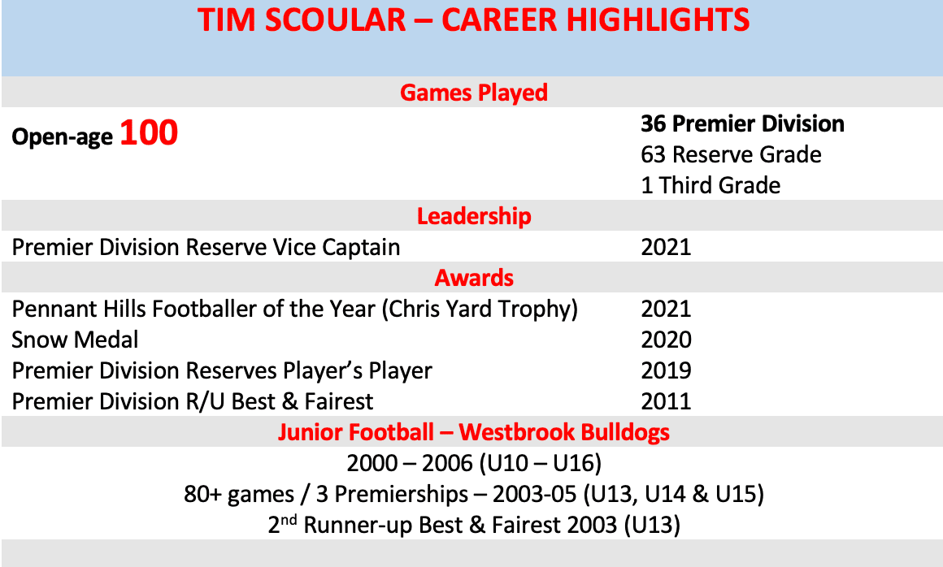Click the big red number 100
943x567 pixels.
149,133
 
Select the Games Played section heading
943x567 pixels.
474,93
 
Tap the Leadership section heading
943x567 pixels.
474,216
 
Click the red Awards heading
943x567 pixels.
474,278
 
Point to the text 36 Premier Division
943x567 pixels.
742,124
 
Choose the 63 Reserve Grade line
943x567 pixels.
731,154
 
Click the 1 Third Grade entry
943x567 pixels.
711,185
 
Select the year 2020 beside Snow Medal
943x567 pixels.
666,340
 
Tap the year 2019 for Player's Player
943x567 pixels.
666,370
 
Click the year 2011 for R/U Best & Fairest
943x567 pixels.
666,401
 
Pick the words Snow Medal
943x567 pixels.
75,340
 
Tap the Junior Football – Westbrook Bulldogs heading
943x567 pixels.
474,431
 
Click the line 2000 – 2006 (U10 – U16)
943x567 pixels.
474,463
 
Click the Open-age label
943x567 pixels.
62,137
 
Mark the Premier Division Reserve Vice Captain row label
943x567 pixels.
206,247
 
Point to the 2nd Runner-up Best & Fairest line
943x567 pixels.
474,525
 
